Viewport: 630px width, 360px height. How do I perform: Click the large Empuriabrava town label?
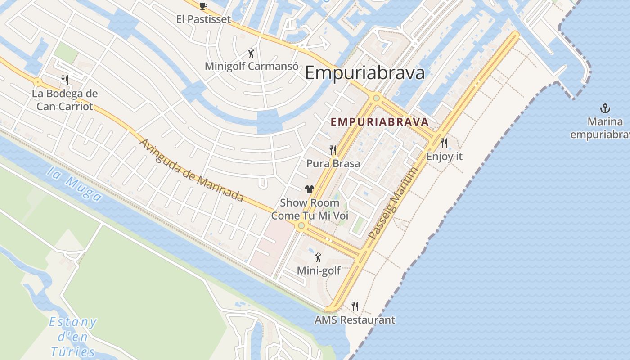pyautogui.click(x=364, y=72)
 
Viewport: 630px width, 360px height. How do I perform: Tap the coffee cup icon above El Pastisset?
pyautogui.click(x=203, y=6)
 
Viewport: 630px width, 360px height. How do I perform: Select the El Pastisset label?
pyautogui.click(x=203, y=19)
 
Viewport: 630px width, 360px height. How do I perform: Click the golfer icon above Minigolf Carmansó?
pyautogui.click(x=251, y=54)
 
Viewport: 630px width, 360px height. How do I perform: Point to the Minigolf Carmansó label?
pyautogui.click(x=251, y=66)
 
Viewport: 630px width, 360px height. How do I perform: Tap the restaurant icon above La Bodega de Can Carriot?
pyautogui.click(x=65, y=80)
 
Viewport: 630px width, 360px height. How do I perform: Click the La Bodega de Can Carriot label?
pyautogui.click(x=65, y=100)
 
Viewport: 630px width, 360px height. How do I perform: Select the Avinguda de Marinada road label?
pyautogui.click(x=192, y=171)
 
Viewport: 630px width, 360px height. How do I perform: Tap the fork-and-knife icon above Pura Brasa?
pyautogui.click(x=333, y=150)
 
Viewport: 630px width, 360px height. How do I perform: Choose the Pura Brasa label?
pyautogui.click(x=333, y=163)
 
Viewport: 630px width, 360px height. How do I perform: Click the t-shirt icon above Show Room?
pyautogui.click(x=309, y=189)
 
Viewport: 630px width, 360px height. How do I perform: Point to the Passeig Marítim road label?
pyautogui.click(x=393, y=203)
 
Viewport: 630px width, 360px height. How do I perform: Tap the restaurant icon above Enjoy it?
pyautogui.click(x=444, y=143)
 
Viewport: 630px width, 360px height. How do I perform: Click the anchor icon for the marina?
pyautogui.click(x=605, y=108)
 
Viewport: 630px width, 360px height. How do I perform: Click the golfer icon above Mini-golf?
pyautogui.click(x=319, y=257)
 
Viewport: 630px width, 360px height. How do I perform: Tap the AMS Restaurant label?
pyautogui.click(x=355, y=320)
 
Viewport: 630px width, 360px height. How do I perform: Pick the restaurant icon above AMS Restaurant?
pyautogui.click(x=355, y=306)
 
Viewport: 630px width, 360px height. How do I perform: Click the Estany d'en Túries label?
pyautogui.click(x=73, y=337)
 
